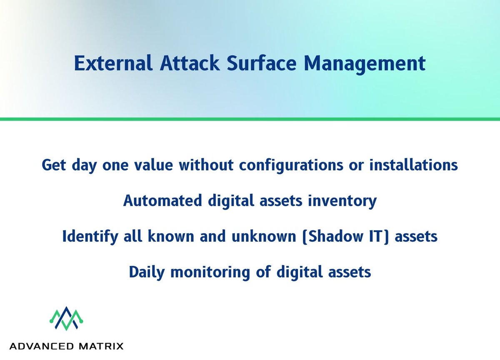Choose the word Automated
[163, 201]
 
